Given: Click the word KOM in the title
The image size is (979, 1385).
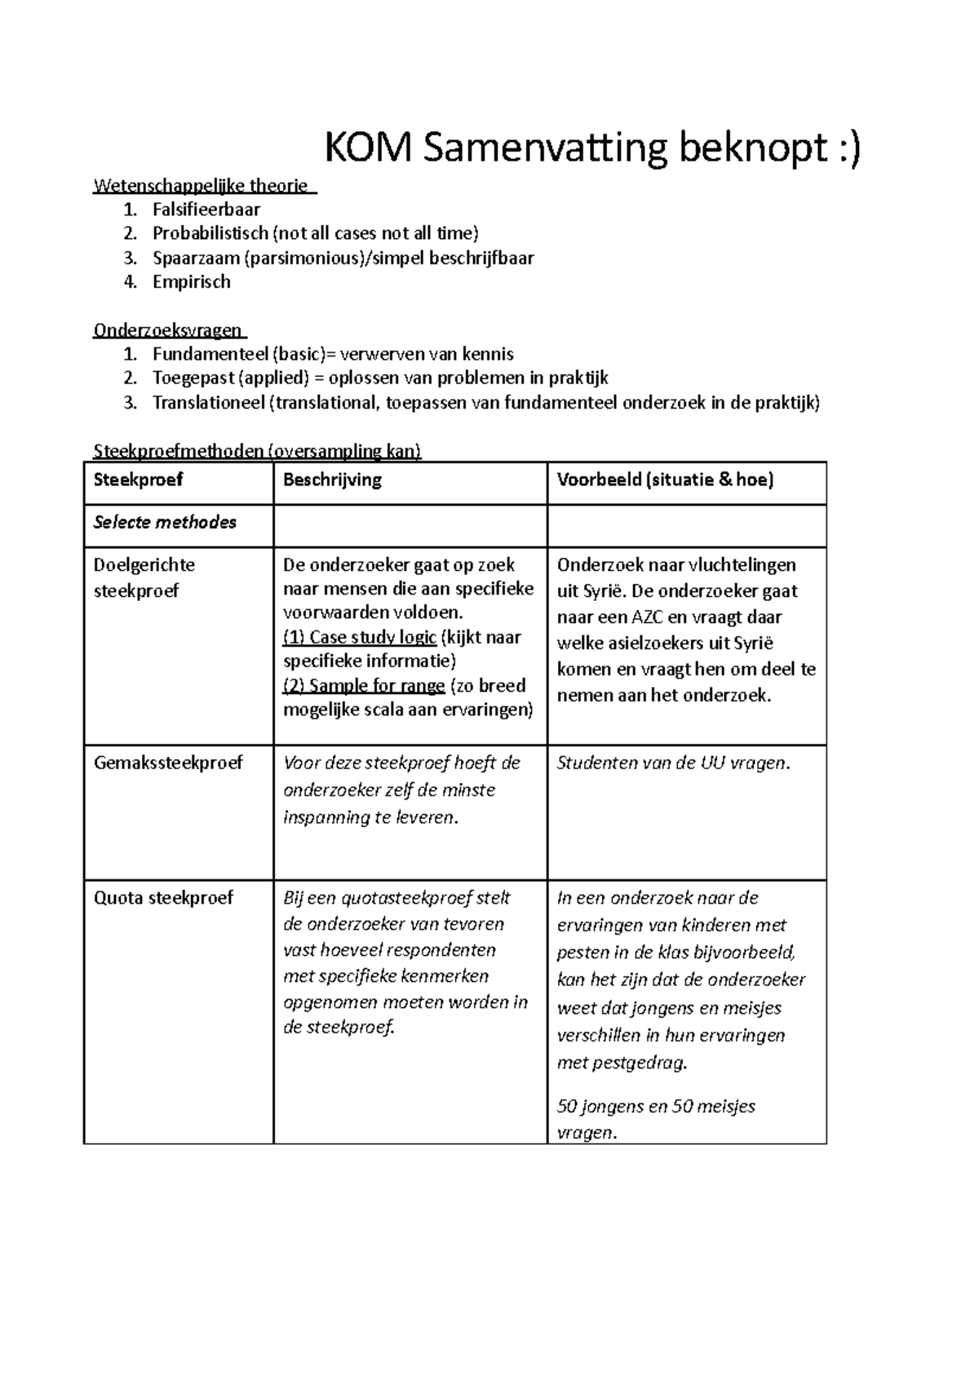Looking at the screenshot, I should [x=369, y=149].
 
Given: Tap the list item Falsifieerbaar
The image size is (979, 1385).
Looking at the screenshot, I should [x=206, y=210].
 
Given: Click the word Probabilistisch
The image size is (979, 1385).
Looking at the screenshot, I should [x=210, y=234].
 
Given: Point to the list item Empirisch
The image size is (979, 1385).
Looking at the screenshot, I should [x=191, y=282].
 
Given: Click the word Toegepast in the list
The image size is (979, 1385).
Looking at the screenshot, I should [x=192, y=378].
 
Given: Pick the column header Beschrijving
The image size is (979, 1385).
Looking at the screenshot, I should [x=332, y=480].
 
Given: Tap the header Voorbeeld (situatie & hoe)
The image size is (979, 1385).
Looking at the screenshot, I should [x=664, y=480].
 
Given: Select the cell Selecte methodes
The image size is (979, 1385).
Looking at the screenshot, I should [x=165, y=523].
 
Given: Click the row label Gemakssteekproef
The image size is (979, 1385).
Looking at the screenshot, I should [x=168, y=763].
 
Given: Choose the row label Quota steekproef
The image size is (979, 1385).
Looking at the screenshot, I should [x=163, y=898].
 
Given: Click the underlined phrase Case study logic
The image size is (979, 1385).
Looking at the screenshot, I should [x=372, y=637].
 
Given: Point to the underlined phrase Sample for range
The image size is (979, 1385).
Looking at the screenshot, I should [x=377, y=686].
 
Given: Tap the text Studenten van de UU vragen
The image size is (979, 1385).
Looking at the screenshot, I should [x=673, y=763].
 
